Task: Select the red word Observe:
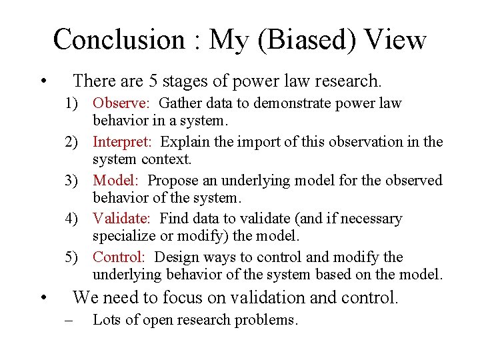(x=122, y=103)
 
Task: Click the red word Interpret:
(x=124, y=142)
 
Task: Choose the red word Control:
(x=119, y=257)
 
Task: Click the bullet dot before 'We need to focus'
(x=43, y=299)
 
